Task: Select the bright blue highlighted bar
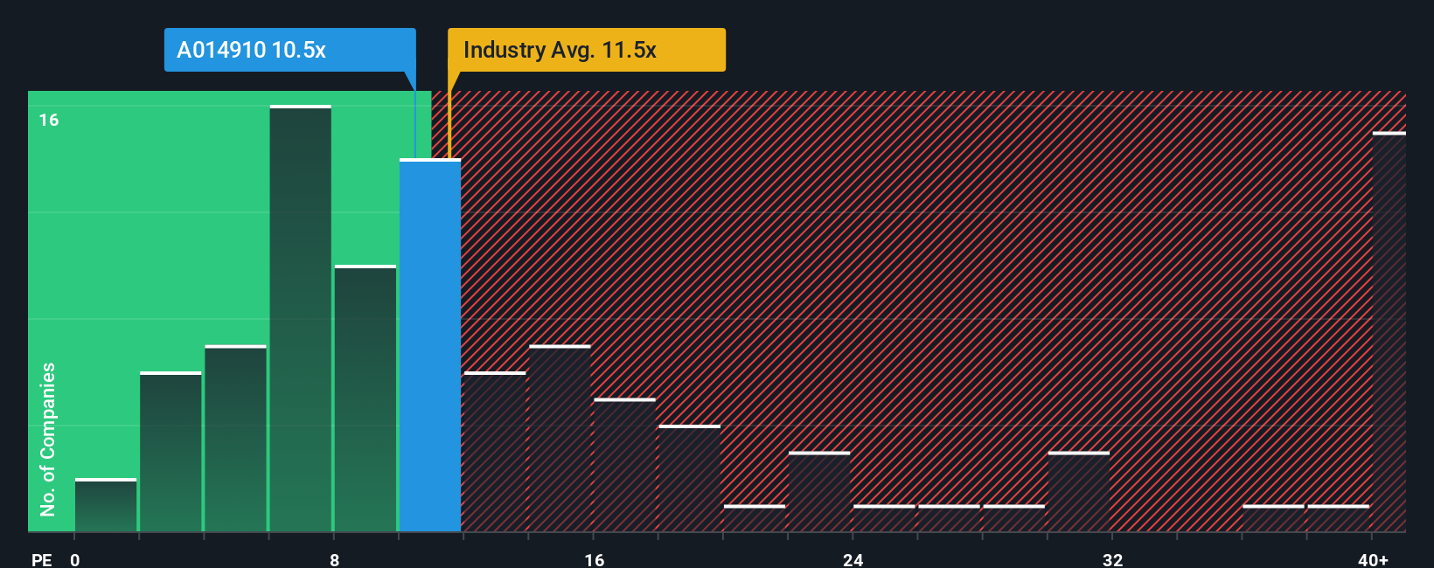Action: (x=430, y=345)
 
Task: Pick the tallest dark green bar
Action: (x=300, y=319)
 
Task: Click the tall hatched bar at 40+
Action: (x=1389, y=332)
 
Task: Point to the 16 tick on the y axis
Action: (x=49, y=120)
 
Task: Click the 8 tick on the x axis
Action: (x=334, y=559)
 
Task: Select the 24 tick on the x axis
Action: (x=853, y=559)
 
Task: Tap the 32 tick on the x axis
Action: (x=1112, y=559)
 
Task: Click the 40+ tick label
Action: (x=1373, y=559)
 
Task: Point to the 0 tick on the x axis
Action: (x=75, y=559)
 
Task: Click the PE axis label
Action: (x=41, y=559)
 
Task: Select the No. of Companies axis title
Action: (x=48, y=439)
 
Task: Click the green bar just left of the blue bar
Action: (x=365, y=398)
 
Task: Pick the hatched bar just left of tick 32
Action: (x=1079, y=492)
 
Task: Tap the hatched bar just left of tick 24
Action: (x=819, y=492)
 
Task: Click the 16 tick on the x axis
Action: (x=594, y=559)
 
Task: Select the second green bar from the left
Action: (x=171, y=452)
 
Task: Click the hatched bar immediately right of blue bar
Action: (x=495, y=452)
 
